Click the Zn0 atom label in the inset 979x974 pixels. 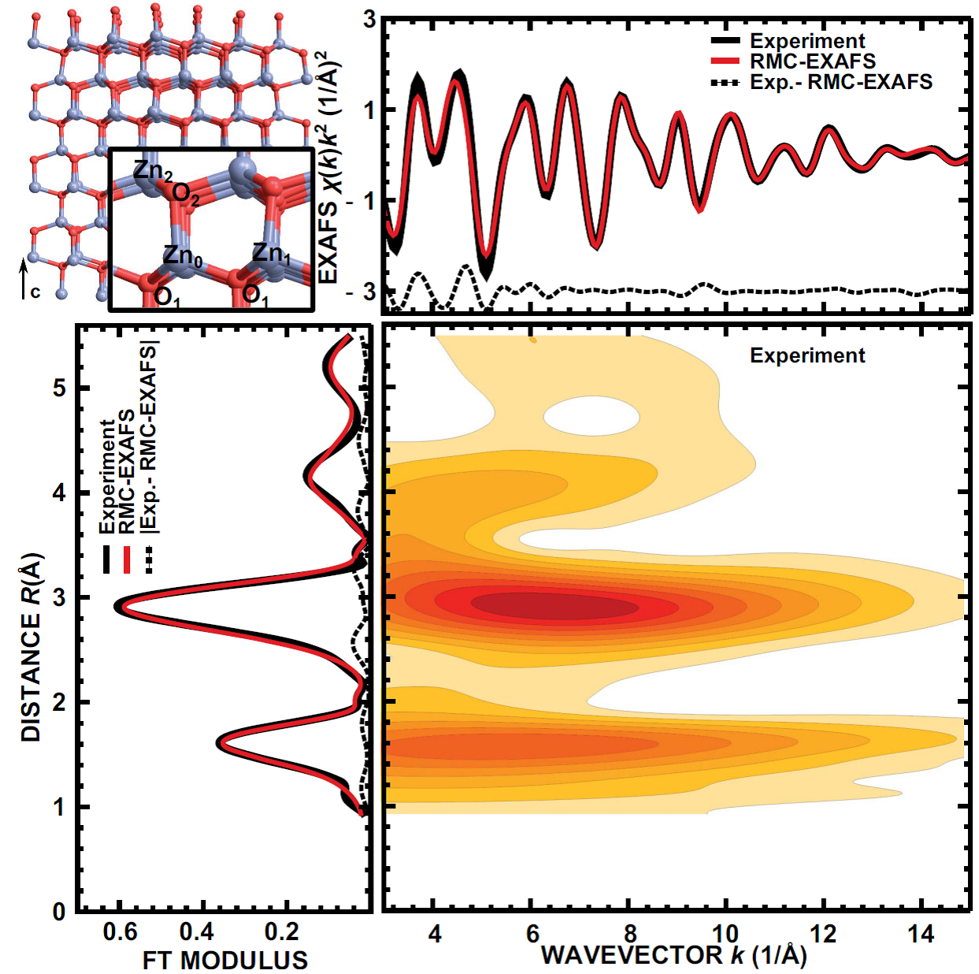point(183,255)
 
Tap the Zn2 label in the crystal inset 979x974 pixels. point(153,170)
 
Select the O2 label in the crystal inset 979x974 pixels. point(186,195)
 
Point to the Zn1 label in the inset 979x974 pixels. point(272,253)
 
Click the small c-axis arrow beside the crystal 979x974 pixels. point(24,280)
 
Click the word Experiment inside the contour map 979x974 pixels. point(807,355)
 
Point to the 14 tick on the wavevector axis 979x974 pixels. point(921,935)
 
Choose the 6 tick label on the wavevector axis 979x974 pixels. point(532,935)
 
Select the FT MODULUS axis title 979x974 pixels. point(225,960)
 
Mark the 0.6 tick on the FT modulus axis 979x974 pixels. point(120,933)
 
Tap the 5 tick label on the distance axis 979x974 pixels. point(59,388)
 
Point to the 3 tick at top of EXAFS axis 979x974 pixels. point(369,19)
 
